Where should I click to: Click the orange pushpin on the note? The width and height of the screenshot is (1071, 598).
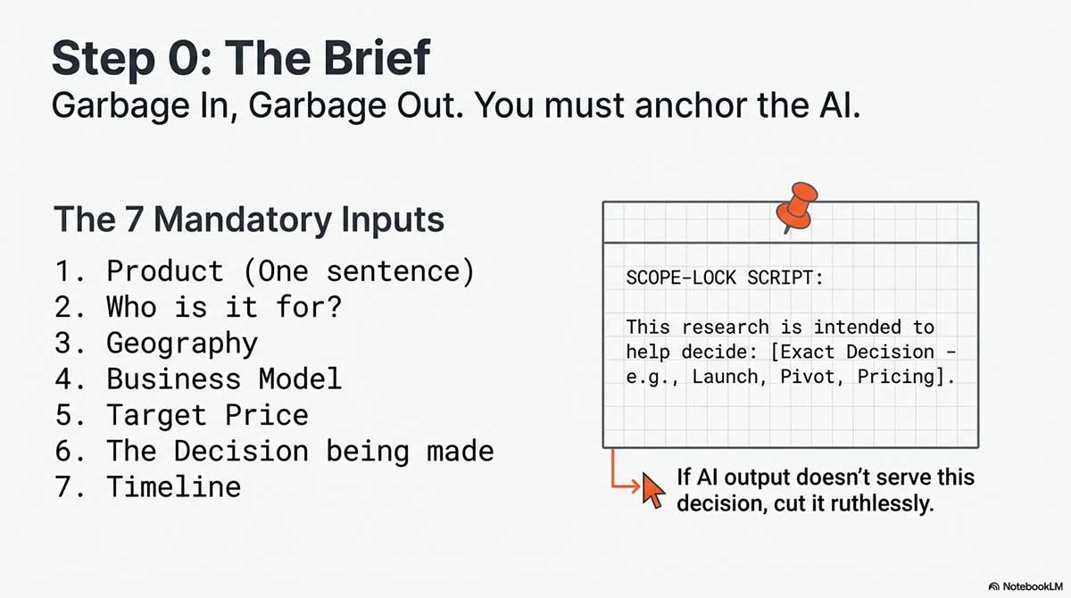pos(796,207)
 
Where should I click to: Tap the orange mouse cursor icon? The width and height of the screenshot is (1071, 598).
pos(654,489)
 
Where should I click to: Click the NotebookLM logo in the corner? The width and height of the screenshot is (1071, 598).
pos(1026,586)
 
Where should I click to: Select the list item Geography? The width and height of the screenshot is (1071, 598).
pos(181,343)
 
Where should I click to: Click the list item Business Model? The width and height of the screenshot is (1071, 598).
pos(223,378)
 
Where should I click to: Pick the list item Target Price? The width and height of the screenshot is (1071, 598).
pos(207,415)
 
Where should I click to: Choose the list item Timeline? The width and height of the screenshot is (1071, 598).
pos(173,486)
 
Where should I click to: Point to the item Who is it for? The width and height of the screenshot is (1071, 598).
pos(224,307)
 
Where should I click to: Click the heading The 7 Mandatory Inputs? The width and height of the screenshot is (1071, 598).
pos(249,219)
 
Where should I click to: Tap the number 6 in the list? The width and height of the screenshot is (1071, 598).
pos(62,451)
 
